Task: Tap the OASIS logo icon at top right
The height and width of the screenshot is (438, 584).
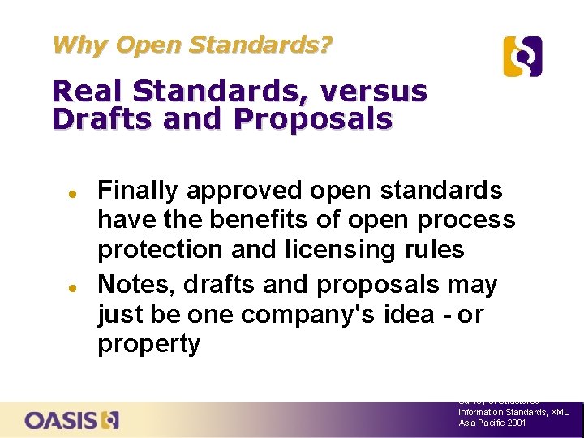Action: tap(522, 57)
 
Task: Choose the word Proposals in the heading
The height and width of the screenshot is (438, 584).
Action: tap(313, 118)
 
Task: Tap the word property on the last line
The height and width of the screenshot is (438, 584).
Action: tap(148, 344)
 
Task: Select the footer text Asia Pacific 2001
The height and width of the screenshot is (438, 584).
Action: tap(492, 423)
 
